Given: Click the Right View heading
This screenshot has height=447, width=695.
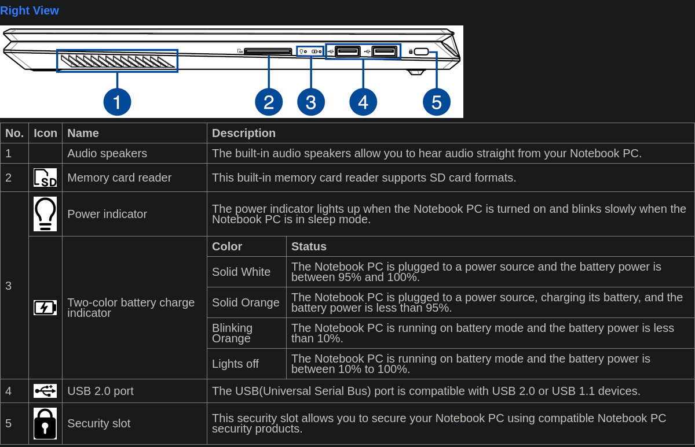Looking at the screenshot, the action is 30,10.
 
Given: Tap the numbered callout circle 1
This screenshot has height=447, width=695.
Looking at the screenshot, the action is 117,102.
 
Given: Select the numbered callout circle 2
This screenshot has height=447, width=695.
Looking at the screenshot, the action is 269,102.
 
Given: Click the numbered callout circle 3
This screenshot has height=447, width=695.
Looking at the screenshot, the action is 311,102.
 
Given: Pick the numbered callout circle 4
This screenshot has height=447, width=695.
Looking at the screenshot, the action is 363,102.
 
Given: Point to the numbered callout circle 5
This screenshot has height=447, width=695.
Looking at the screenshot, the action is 437,102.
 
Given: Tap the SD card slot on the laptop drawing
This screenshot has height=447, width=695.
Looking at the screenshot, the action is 268,51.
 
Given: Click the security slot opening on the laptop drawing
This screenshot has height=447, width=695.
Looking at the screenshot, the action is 421,51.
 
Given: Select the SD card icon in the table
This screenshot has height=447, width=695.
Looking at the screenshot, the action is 45,178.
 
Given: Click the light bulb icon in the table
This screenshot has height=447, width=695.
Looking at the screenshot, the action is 45,214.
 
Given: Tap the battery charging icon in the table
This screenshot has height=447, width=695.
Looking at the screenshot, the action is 45,308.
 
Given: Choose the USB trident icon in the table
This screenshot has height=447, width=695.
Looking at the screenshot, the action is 45,391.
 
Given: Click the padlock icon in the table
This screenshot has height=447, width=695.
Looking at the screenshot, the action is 45,423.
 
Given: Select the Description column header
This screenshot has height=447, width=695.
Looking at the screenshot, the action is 244,133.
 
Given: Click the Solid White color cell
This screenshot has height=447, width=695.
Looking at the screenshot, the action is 241,272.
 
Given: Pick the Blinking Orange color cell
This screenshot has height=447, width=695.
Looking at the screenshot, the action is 232,333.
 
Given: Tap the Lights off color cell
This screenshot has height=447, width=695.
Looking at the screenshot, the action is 235,364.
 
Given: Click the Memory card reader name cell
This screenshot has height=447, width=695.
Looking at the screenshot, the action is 119,178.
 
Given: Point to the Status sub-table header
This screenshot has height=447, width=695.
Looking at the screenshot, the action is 309,246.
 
